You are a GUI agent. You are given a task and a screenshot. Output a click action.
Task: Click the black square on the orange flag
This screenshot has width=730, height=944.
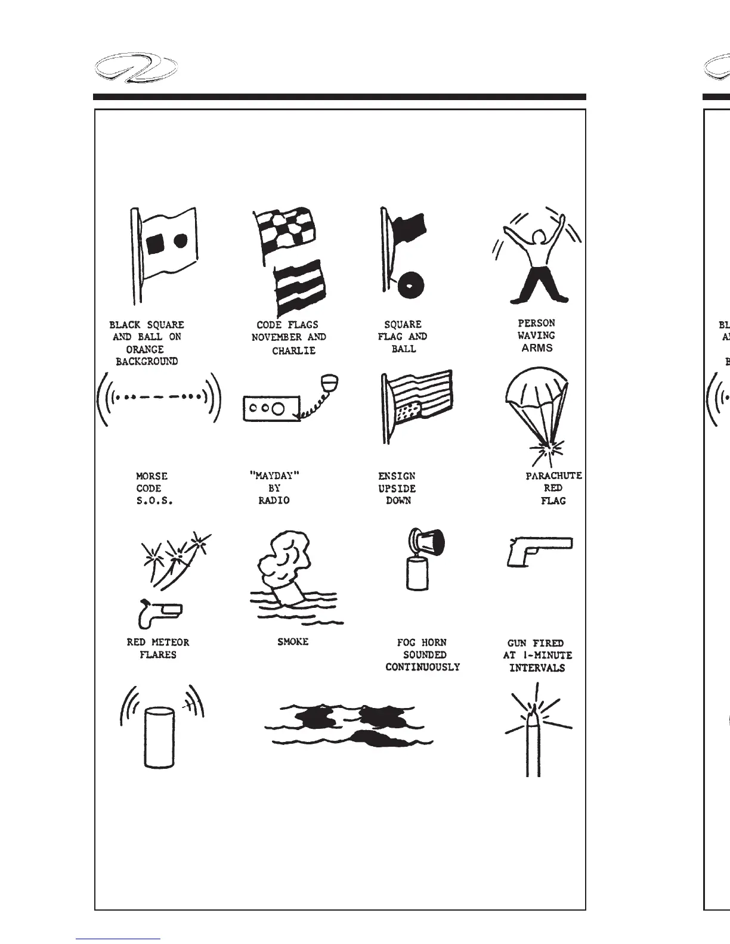[156, 241]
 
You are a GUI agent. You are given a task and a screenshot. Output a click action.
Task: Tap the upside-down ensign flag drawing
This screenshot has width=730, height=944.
[417, 404]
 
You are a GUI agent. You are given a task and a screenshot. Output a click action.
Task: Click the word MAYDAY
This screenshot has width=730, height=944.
[274, 475]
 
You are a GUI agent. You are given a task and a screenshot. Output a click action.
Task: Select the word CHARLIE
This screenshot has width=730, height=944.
[293, 351]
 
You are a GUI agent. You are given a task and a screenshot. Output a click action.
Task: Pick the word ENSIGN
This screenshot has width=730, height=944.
[397, 476]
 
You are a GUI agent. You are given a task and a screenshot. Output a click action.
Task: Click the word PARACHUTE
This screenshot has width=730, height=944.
[553, 476]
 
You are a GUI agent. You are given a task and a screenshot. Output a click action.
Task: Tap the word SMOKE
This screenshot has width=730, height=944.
[293, 642]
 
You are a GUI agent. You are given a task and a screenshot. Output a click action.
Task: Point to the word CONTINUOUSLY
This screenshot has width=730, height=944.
[422, 667]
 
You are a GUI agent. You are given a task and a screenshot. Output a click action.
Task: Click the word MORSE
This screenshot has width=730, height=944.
[151, 476]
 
